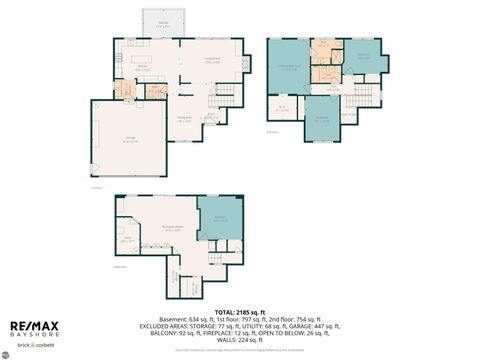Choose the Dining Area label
pyautogui.click(x=185, y=119)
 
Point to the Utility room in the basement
pyautogui.click(x=128, y=240)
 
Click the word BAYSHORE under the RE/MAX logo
pyautogui.click(x=34, y=336)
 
